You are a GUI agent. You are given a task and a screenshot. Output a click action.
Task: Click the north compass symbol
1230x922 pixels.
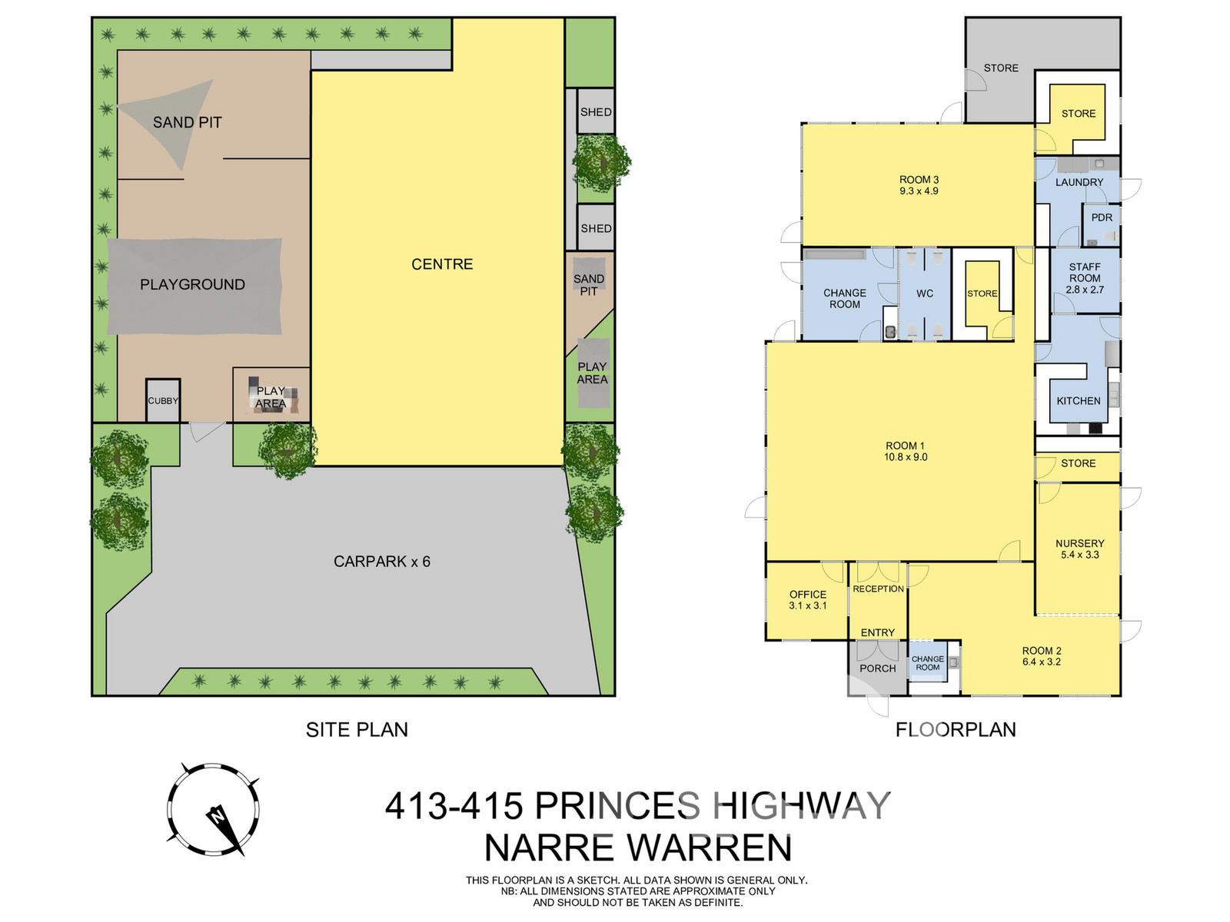click(x=213, y=808)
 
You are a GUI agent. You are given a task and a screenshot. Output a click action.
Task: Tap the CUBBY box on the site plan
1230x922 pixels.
click(x=163, y=400)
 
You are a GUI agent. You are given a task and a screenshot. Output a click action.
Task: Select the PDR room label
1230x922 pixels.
click(x=1102, y=217)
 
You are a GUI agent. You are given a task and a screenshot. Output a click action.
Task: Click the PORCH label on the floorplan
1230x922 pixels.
click(x=878, y=668)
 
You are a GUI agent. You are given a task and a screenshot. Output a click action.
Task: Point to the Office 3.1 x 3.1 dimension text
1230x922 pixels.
click(x=807, y=605)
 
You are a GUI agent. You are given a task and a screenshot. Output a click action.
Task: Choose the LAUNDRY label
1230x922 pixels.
click(x=1079, y=182)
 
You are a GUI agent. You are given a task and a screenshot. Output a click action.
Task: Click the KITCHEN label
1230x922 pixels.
click(x=1079, y=401)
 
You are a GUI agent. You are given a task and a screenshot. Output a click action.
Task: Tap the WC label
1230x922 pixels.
click(x=925, y=294)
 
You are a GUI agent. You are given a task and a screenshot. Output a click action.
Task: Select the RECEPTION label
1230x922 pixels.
click(x=878, y=589)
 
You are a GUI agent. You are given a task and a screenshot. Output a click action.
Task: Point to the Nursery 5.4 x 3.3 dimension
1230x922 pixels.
click(x=1080, y=555)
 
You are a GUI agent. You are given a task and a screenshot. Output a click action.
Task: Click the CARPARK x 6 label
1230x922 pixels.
click(x=381, y=562)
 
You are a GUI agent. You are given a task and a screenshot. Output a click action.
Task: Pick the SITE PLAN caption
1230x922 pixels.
click(x=357, y=729)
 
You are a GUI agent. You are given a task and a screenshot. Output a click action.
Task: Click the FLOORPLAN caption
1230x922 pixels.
click(x=956, y=729)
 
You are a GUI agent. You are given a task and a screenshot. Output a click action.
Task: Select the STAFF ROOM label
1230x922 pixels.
click(x=1084, y=273)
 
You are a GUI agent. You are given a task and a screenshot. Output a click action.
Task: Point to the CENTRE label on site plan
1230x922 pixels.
click(x=442, y=264)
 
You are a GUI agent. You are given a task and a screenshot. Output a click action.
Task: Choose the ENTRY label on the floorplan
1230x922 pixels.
click(x=878, y=632)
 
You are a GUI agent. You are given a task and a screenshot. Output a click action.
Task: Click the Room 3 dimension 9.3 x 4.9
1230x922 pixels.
click(x=919, y=191)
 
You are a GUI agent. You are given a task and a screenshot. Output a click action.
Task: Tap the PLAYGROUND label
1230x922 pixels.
click(x=192, y=284)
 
